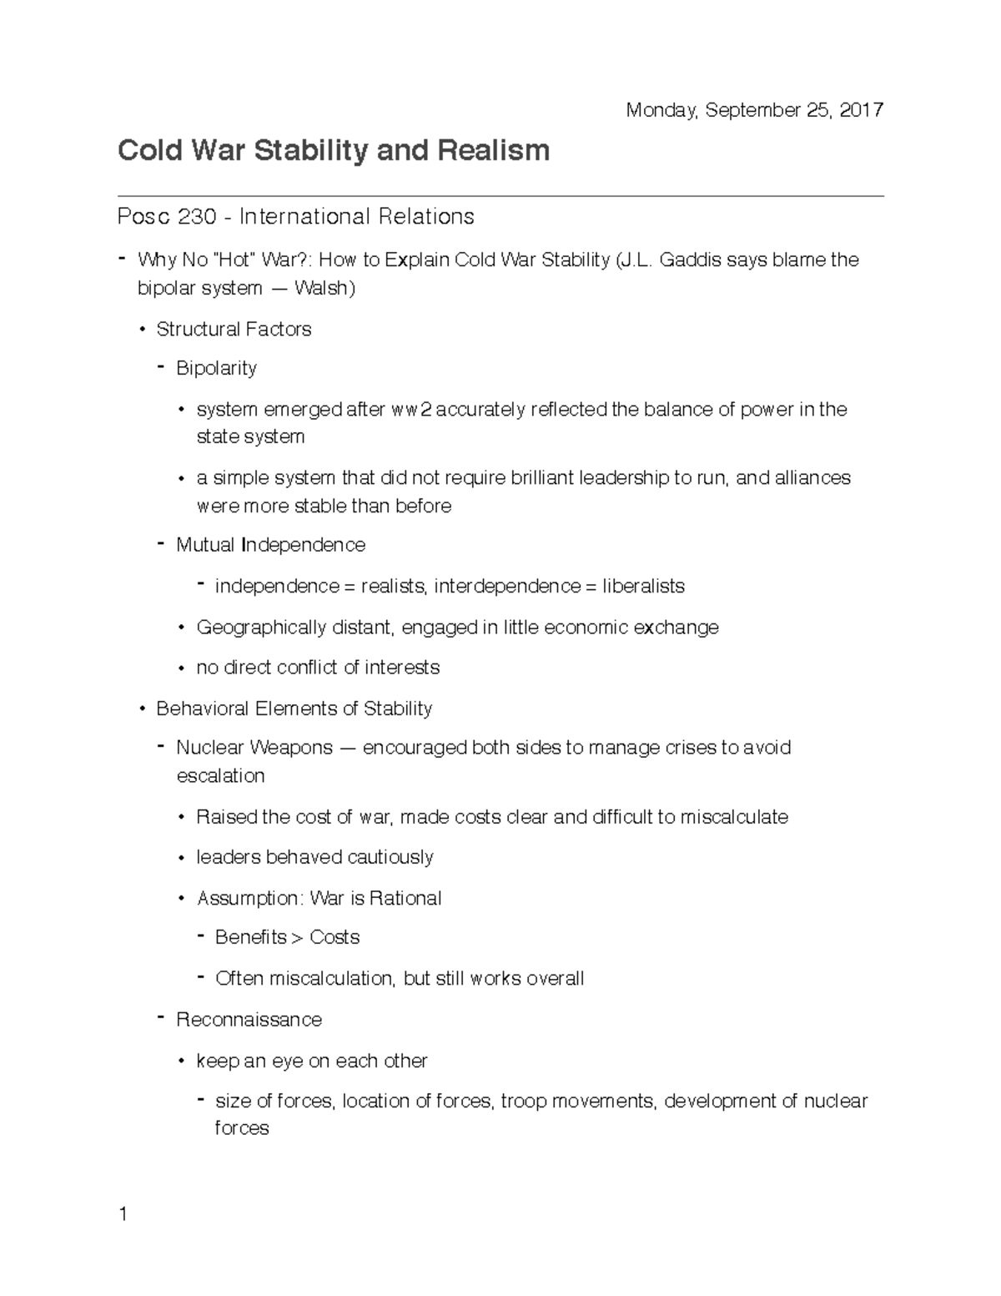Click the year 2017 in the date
point(862,110)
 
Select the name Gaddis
point(690,260)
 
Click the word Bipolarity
point(216,368)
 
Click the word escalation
point(220,776)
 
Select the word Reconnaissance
point(249,1020)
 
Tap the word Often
point(239,979)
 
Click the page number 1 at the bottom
point(123,1214)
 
